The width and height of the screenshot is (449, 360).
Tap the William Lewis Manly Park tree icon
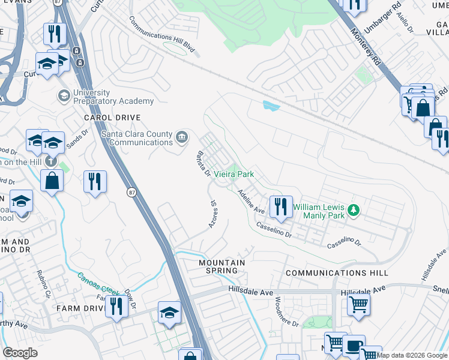coord(354,209)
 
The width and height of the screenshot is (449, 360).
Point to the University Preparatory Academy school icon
coord(64,96)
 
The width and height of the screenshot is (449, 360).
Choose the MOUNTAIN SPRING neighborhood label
coord(222,267)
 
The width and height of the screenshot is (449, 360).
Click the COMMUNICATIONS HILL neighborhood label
coord(337,273)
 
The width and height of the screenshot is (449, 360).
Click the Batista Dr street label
coord(201,164)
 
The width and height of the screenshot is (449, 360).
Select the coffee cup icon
coord(354,346)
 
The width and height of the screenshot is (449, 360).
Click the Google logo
coord(20,353)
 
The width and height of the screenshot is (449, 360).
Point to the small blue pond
coord(271,106)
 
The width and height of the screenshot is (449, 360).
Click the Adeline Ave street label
coord(251,202)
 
